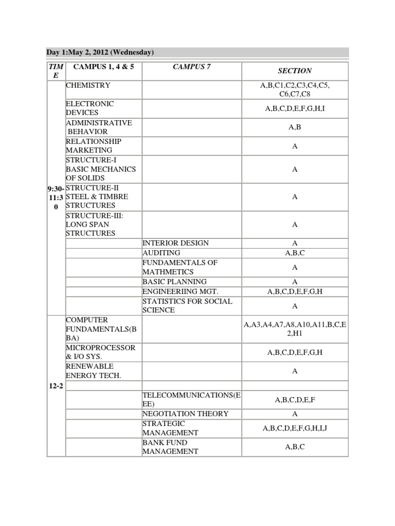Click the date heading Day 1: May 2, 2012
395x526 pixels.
[x=97, y=52]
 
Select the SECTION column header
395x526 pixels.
[x=295, y=71]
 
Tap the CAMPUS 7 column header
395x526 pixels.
[x=191, y=67]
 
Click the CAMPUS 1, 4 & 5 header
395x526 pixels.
[x=103, y=67]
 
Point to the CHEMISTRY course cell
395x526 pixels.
[x=88, y=85]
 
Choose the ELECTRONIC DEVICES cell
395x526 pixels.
[x=90, y=108]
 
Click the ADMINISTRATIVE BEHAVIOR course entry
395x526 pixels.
[x=99, y=127]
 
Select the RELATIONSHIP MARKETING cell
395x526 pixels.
[x=94, y=145]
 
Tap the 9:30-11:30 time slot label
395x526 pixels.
[x=56, y=197]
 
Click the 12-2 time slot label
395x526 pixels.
[x=56, y=385]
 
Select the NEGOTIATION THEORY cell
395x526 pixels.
[x=185, y=414]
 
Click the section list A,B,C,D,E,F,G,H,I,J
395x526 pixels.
[x=295, y=428]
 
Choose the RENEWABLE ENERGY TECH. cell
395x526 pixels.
[x=94, y=371]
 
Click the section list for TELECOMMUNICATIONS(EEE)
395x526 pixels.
[x=295, y=399]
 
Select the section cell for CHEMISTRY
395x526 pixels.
[x=295, y=89]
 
